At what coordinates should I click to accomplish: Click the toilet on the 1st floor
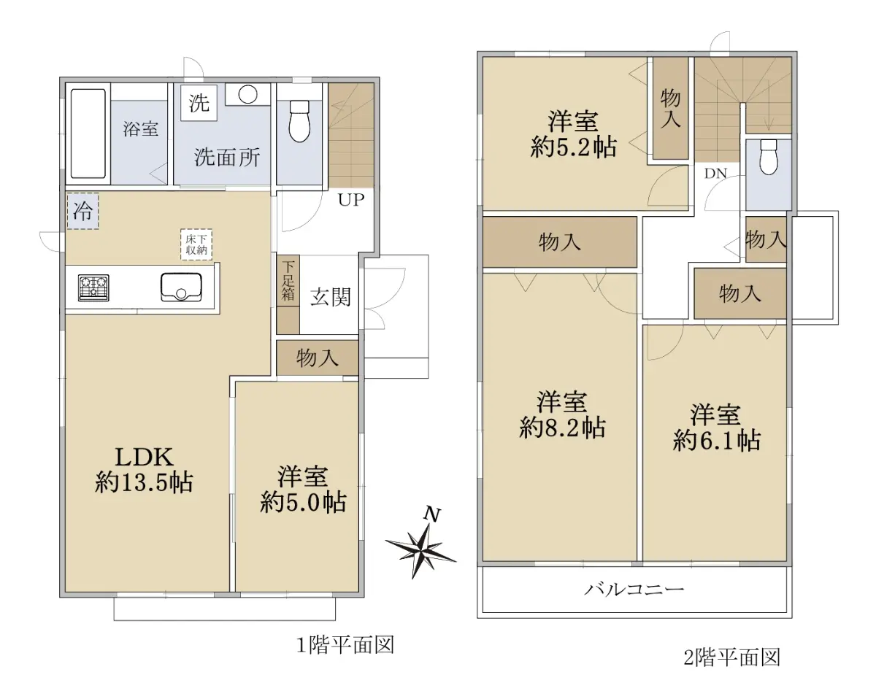click(299, 121)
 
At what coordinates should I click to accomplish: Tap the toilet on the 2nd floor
click(769, 157)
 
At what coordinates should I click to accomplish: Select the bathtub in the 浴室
click(88, 134)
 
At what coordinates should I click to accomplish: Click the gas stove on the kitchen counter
click(93, 288)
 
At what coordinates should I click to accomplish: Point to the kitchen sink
click(181, 287)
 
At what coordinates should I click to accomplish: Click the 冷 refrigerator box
click(82, 211)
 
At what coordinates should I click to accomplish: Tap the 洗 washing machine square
click(199, 103)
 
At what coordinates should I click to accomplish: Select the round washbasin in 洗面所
click(247, 95)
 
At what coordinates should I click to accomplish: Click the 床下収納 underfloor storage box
click(196, 244)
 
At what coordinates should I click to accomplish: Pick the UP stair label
click(351, 200)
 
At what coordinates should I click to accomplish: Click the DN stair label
click(715, 174)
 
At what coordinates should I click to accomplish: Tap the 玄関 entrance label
click(330, 297)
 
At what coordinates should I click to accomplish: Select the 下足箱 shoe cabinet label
click(288, 281)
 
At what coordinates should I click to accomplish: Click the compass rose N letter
click(432, 514)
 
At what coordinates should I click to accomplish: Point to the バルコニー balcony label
click(634, 590)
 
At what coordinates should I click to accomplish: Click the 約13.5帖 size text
click(144, 483)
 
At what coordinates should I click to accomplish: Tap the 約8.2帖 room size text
click(562, 428)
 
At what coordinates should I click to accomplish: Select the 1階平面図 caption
click(345, 646)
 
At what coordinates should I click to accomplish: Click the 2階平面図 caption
click(732, 658)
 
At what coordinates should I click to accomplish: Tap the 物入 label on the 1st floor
click(317, 358)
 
